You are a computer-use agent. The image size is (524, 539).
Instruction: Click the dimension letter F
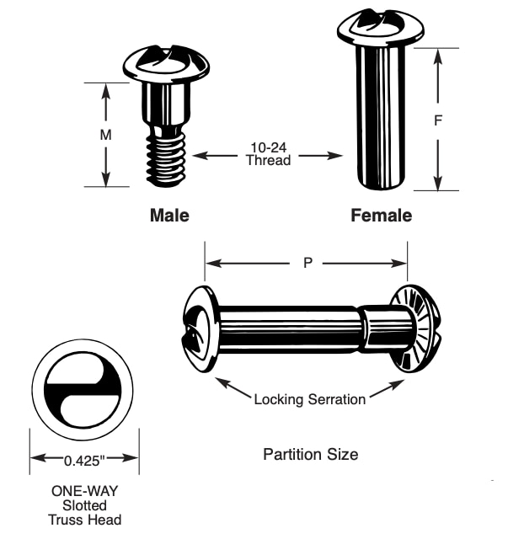pos(438,120)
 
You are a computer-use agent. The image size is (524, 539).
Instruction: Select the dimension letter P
pos(307,263)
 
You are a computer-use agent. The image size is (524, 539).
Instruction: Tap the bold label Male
pos(169,216)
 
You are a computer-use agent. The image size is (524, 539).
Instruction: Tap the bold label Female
pos(381,216)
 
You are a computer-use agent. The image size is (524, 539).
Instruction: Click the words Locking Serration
pos(309,399)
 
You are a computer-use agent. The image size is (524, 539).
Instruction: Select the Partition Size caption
pos(310,455)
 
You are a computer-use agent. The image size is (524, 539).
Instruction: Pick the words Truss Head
pos(84,520)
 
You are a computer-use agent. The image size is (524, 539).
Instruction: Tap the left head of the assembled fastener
pos(200,328)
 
